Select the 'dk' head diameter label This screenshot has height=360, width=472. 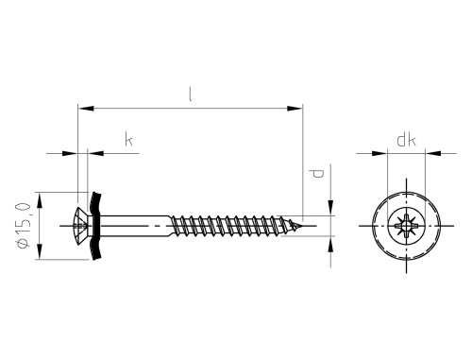[x=407, y=141]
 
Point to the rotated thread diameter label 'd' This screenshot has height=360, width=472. [x=317, y=174]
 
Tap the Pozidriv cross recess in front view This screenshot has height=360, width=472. [x=407, y=228]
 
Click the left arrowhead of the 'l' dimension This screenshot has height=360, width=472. [x=80, y=110]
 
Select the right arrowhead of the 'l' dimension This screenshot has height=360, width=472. [x=298, y=110]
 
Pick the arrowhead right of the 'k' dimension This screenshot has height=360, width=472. [x=94, y=150]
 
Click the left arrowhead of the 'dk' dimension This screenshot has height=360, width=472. [x=382, y=151]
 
